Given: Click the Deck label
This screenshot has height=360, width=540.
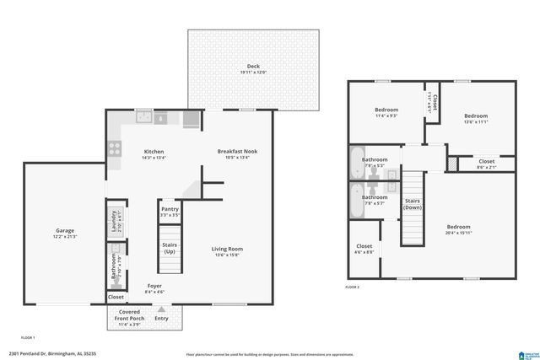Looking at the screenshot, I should [253, 66].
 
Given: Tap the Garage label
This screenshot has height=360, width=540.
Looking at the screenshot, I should [65, 230].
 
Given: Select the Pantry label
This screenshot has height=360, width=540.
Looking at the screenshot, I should [169, 208].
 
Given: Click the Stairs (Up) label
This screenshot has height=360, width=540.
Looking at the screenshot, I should [170, 248].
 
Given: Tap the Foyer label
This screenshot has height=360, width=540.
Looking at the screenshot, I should [154, 286].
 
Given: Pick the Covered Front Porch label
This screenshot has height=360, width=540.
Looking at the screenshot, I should [129, 314].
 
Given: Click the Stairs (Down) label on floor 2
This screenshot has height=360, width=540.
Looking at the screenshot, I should [413, 204].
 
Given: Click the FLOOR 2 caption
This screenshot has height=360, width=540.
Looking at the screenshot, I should [352, 287].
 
